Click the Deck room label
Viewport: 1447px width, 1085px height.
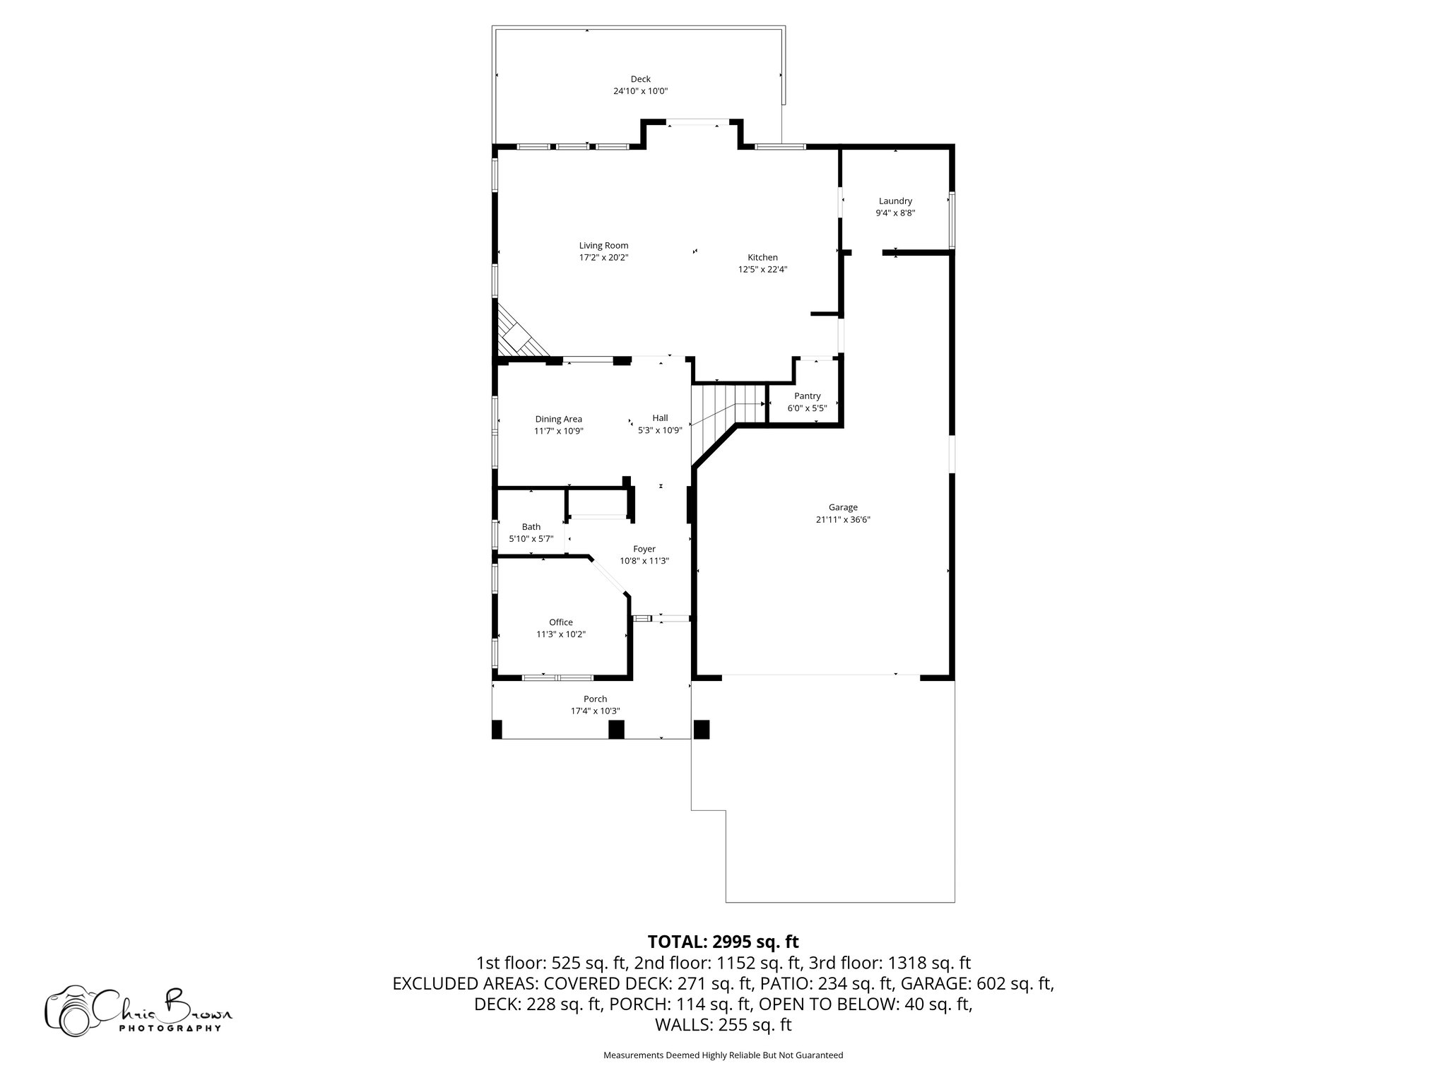[640, 79]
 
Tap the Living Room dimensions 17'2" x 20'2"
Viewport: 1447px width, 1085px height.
[603, 258]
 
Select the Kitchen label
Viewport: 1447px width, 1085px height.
[762, 257]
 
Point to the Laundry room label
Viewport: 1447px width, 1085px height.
[895, 201]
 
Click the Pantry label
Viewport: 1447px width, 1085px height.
[807, 396]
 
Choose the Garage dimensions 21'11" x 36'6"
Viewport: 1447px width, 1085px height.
[843, 519]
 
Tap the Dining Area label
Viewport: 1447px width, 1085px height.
[558, 419]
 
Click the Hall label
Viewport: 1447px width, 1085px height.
[660, 418]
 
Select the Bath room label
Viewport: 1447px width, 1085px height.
[531, 526]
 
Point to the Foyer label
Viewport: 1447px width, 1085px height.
[644, 548]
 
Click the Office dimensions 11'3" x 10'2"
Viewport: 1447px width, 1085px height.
[560, 634]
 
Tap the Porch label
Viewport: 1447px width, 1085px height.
[595, 699]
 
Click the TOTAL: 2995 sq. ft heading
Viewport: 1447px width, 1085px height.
[723, 942]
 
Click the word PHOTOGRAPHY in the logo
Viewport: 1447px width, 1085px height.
[170, 1028]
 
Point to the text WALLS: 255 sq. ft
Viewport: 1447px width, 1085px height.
[723, 1025]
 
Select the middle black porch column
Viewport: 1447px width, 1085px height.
[616, 729]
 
